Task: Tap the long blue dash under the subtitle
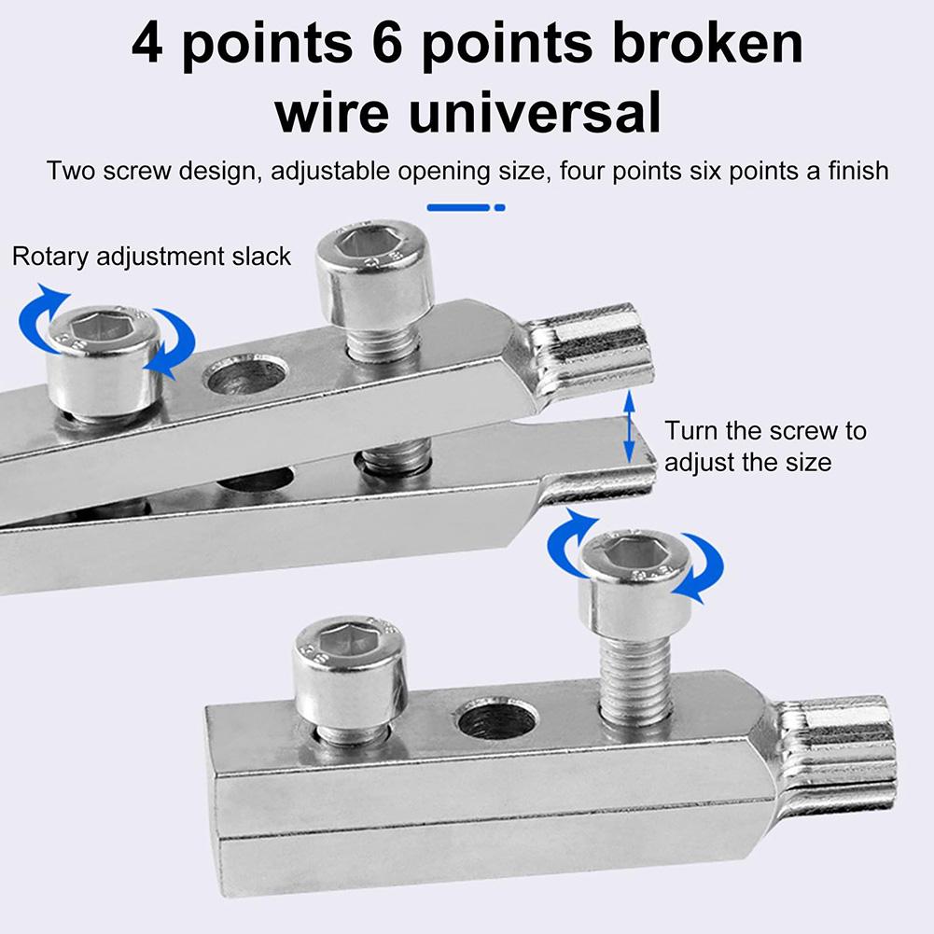tap(457, 207)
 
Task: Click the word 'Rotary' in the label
tap(53, 257)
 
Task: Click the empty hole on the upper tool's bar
tap(246, 375)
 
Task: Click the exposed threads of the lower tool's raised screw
tap(635, 682)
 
